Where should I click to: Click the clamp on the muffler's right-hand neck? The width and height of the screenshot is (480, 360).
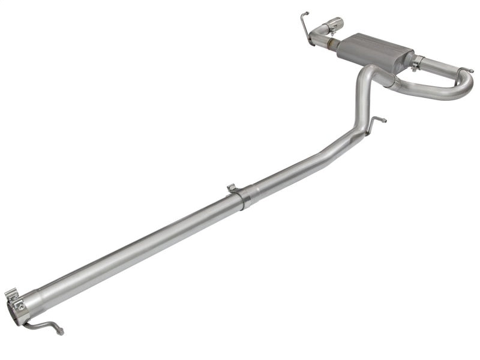[416, 62]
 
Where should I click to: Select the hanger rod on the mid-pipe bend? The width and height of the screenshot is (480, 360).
[376, 122]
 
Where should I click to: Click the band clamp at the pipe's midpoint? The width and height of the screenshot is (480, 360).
[244, 197]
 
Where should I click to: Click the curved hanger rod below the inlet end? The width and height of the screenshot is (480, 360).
[45, 325]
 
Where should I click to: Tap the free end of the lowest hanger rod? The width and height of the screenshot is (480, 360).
[61, 331]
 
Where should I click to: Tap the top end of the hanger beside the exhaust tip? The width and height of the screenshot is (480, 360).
[305, 13]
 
